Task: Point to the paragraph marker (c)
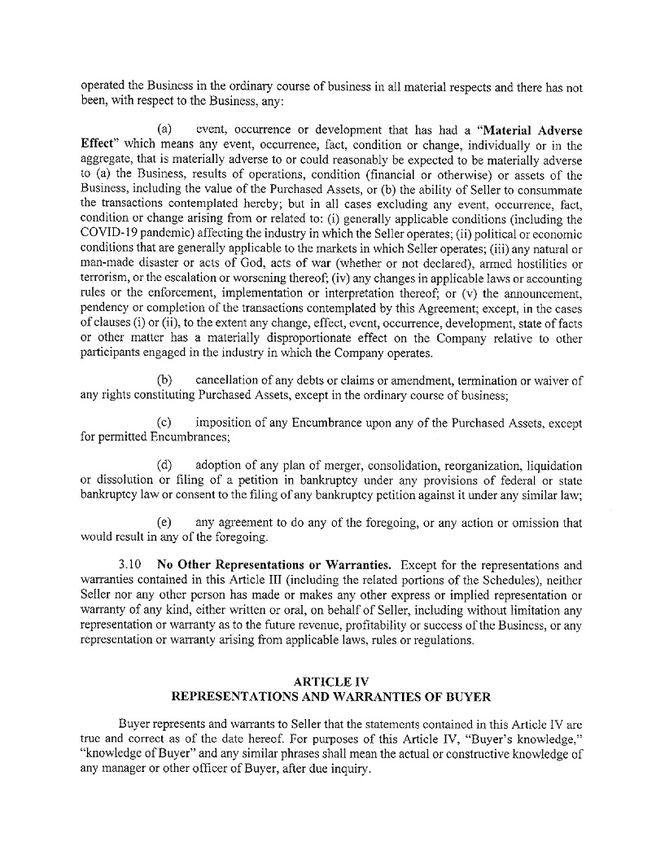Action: coord(164,423)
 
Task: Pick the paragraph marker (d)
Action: coord(164,466)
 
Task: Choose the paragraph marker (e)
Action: coord(164,523)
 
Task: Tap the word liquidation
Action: coord(552,466)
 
